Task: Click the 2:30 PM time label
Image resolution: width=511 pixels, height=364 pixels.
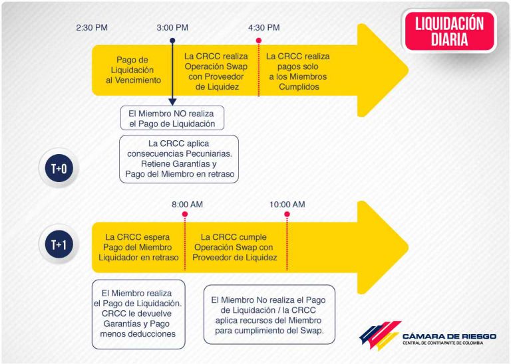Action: coord(92,28)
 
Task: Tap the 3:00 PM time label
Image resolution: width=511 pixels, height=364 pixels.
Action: coord(172,28)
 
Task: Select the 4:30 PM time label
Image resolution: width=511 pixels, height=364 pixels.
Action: coord(264,28)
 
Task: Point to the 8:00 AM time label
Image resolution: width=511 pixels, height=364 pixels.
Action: coord(188,205)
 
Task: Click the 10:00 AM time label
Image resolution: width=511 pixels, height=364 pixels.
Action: coord(287,205)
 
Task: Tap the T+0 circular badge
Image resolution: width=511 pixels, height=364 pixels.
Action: coord(59,168)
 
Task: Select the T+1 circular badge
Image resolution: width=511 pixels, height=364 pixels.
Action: coord(59,244)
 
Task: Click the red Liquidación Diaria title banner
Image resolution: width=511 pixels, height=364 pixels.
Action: coord(449,31)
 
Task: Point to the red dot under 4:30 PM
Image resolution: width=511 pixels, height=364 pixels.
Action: coord(259,41)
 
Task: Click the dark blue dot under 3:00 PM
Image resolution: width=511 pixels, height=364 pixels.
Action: coord(172,41)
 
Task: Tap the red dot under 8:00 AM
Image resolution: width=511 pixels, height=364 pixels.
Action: coord(185,214)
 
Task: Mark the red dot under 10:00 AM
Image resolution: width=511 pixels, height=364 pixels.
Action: coord(287,214)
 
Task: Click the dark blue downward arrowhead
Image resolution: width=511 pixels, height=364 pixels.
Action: coord(172,102)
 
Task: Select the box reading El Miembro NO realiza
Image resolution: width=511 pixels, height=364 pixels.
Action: coord(172,118)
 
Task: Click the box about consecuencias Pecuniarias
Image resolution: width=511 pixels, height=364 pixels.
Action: coord(179,159)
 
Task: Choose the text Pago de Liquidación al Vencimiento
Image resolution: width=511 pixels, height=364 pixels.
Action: coord(133,70)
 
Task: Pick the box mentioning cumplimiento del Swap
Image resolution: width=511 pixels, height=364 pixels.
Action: coord(269,315)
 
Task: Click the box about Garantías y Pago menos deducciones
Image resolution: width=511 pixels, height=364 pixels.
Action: coord(138,314)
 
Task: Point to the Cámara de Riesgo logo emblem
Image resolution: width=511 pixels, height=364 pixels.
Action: coord(380,335)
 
